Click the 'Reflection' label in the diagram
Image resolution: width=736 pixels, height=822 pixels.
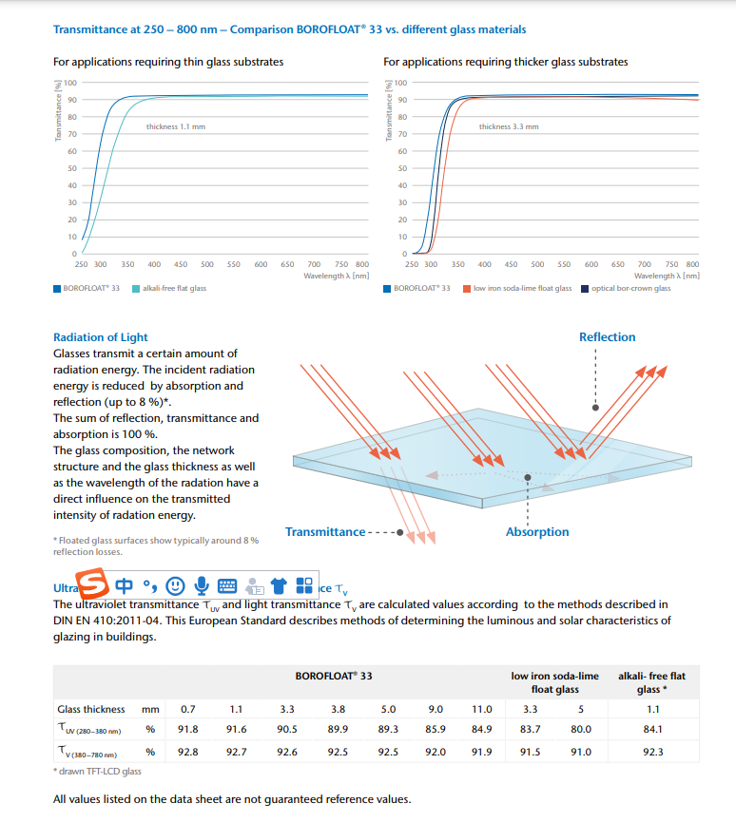pyautogui.click(x=607, y=337)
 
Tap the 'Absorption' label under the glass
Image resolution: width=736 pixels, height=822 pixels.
pyautogui.click(x=537, y=532)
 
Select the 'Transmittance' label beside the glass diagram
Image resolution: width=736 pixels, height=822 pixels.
pyautogui.click(x=325, y=532)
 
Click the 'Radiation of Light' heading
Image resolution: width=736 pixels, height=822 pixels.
pyautogui.click(x=101, y=337)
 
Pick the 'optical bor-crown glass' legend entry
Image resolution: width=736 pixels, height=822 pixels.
pyautogui.click(x=630, y=288)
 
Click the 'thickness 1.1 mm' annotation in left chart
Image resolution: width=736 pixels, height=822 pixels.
pyautogui.click(x=175, y=126)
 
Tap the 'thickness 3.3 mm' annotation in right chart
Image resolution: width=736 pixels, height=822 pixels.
pyautogui.click(x=508, y=126)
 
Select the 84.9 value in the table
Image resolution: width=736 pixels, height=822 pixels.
pyautogui.click(x=482, y=730)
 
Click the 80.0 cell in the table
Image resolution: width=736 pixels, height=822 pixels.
pyautogui.click(x=581, y=730)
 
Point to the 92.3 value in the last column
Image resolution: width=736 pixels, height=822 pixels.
pyautogui.click(x=652, y=752)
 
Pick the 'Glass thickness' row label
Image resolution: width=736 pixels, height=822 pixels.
pyautogui.click(x=91, y=709)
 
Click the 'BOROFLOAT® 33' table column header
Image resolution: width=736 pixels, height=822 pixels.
pyautogui.click(x=333, y=676)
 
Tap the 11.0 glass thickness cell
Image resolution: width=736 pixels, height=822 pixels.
pyautogui.click(x=482, y=709)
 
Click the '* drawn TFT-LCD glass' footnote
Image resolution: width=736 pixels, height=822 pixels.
pyautogui.click(x=97, y=772)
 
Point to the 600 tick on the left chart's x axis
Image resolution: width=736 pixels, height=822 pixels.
pyautogui.click(x=261, y=264)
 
